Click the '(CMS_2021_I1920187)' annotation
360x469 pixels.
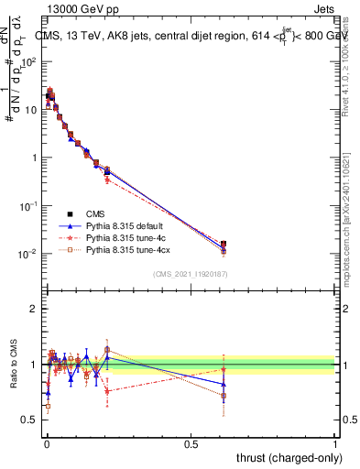coord(190,274)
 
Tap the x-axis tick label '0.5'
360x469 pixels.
coord(191,443)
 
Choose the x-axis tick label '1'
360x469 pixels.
coord(334,443)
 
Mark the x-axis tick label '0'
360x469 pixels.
coord(47,443)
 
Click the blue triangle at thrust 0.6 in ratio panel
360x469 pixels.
coord(224,385)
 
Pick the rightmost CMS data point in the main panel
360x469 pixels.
coord(224,245)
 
